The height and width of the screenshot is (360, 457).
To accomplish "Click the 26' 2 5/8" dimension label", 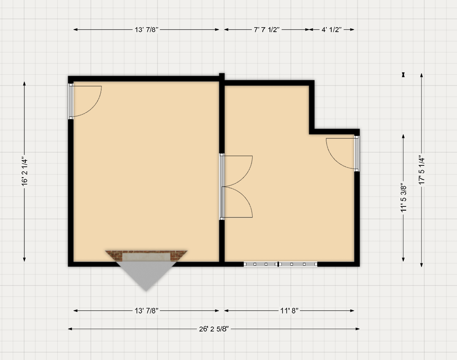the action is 214,329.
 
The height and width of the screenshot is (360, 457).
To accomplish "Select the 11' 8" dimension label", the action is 289,311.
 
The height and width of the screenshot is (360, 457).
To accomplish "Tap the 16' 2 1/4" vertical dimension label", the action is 25,172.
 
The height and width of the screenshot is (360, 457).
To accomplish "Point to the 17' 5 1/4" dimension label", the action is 422,170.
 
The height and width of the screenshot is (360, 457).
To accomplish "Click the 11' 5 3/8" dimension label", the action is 404,198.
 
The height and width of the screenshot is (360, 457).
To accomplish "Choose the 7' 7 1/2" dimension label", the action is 267,30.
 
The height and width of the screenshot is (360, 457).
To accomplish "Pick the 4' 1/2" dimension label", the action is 331,30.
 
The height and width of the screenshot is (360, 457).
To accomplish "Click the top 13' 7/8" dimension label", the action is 146,30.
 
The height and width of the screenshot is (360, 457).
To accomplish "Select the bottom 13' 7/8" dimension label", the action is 146,311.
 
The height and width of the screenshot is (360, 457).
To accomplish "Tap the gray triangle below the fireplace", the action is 146,274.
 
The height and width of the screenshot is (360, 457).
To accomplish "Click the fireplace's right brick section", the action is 177,256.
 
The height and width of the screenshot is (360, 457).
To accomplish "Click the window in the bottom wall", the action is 281,264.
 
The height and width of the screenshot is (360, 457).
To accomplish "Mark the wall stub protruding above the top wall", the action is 222,77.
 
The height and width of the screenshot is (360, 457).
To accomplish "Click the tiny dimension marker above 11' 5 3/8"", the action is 404,74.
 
